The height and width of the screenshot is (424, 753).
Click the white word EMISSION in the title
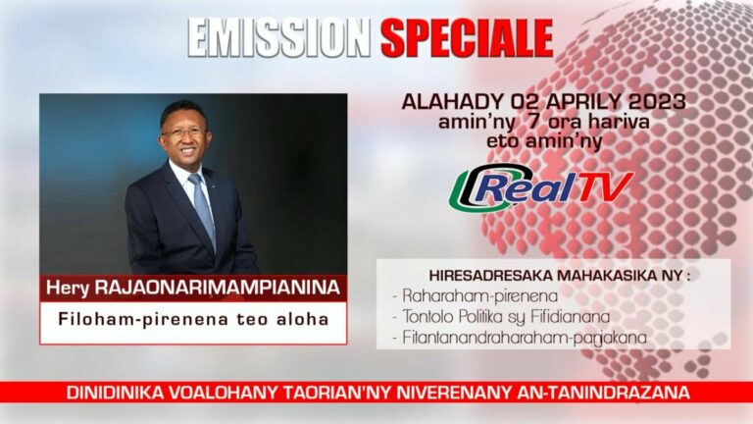click(279, 38)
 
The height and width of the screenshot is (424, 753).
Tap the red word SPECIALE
click(467, 38)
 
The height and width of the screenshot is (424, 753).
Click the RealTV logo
click(541, 187)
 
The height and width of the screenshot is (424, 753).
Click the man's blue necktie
click(203, 207)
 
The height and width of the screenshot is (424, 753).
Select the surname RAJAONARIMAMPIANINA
click(217, 288)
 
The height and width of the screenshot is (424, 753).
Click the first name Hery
click(68, 289)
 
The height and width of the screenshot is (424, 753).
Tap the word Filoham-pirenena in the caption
click(142, 319)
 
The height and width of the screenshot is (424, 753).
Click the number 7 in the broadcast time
click(533, 122)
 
